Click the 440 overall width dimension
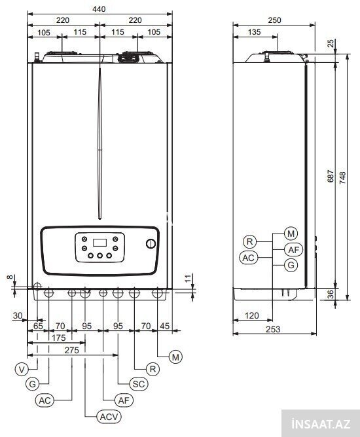[99, 9]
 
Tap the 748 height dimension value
[342, 177]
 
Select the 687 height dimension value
[331, 176]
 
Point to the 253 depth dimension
[273, 329]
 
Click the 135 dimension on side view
[254, 32]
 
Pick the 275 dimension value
[71, 351]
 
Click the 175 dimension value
[58, 338]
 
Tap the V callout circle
[22, 370]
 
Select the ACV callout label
[109, 417]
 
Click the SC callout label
[139, 384]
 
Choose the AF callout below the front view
[124, 400]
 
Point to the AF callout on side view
[293, 250]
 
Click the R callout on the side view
[249, 241]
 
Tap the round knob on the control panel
[151, 244]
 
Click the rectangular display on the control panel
[99, 243]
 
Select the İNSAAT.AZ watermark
[321, 425]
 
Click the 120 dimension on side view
[252, 316]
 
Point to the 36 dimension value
[331, 294]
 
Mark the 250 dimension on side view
[275, 20]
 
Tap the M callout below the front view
[175, 357]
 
